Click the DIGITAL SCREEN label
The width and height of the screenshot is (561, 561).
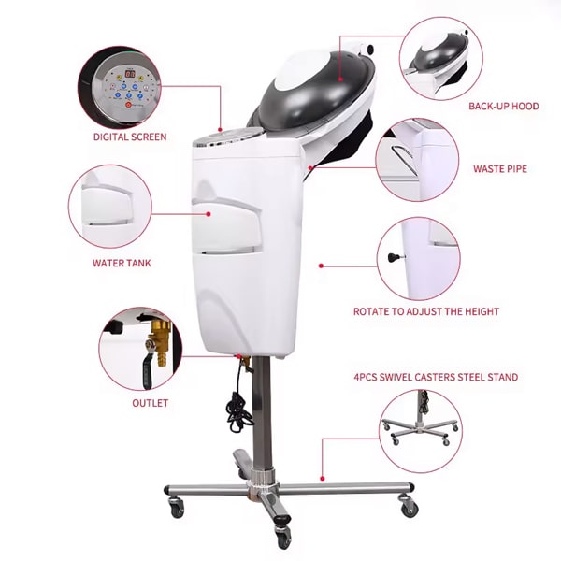[130, 137]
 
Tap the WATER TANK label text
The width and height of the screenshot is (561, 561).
[122, 264]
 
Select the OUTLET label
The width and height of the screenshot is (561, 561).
[150, 403]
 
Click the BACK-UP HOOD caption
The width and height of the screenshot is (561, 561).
[503, 106]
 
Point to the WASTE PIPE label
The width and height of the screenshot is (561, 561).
[500, 169]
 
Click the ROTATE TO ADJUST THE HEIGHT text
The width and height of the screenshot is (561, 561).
[426, 311]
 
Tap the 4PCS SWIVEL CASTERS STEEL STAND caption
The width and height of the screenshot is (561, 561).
[436, 377]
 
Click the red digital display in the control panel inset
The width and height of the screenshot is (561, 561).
[130, 75]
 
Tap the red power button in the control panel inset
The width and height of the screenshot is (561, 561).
[128, 105]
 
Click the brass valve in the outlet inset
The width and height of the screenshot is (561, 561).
[159, 343]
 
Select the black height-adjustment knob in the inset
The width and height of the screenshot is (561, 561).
[394, 256]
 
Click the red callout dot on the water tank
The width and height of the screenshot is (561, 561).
[209, 214]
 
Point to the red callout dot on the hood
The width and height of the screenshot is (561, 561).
[340, 79]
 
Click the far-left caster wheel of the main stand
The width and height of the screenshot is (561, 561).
[176, 507]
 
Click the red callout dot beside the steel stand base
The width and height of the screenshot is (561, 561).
[322, 478]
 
